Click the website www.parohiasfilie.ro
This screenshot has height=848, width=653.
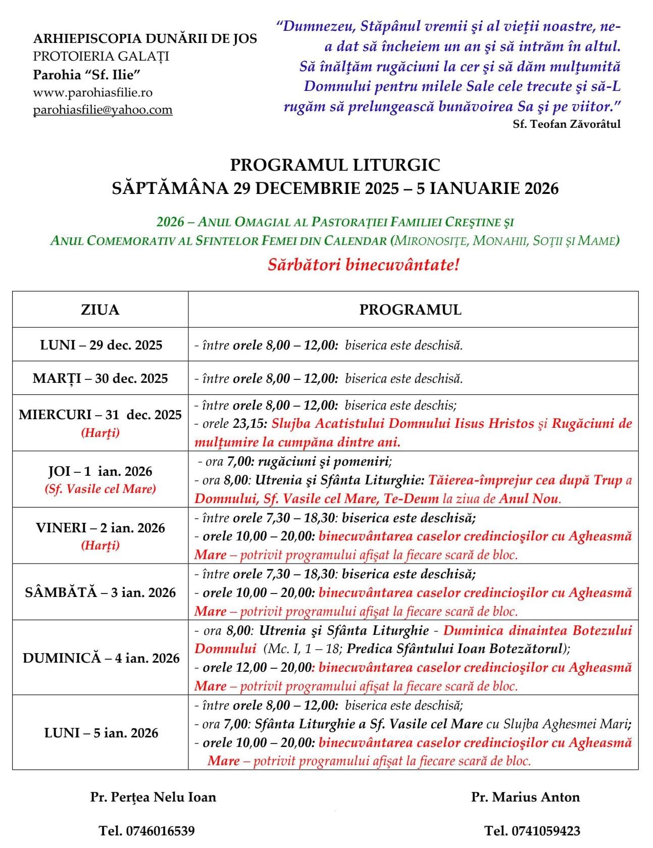click(x=92, y=92)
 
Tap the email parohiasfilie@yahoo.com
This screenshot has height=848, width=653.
click(x=103, y=110)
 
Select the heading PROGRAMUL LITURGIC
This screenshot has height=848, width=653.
click(x=335, y=165)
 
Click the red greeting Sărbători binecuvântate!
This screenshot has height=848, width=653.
click(x=364, y=265)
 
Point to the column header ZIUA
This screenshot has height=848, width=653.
click(x=100, y=310)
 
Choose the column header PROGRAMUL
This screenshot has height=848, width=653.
click(x=410, y=310)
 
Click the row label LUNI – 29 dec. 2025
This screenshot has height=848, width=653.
click(x=101, y=345)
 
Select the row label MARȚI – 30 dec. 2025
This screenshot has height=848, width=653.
click(x=100, y=378)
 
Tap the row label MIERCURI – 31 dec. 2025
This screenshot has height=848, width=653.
click(x=100, y=415)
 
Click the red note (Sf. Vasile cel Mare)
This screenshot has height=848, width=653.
click(x=100, y=489)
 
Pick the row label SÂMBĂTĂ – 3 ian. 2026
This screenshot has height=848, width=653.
click(x=100, y=592)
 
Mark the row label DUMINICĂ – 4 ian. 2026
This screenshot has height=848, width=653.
click(x=101, y=658)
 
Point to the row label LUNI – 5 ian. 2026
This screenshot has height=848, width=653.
click(x=101, y=733)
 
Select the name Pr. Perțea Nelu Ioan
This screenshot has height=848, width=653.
click(x=153, y=797)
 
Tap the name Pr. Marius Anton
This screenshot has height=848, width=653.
click(x=525, y=797)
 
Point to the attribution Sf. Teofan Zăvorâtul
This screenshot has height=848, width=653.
click(x=567, y=124)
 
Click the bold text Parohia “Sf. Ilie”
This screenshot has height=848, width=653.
click(x=86, y=75)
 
